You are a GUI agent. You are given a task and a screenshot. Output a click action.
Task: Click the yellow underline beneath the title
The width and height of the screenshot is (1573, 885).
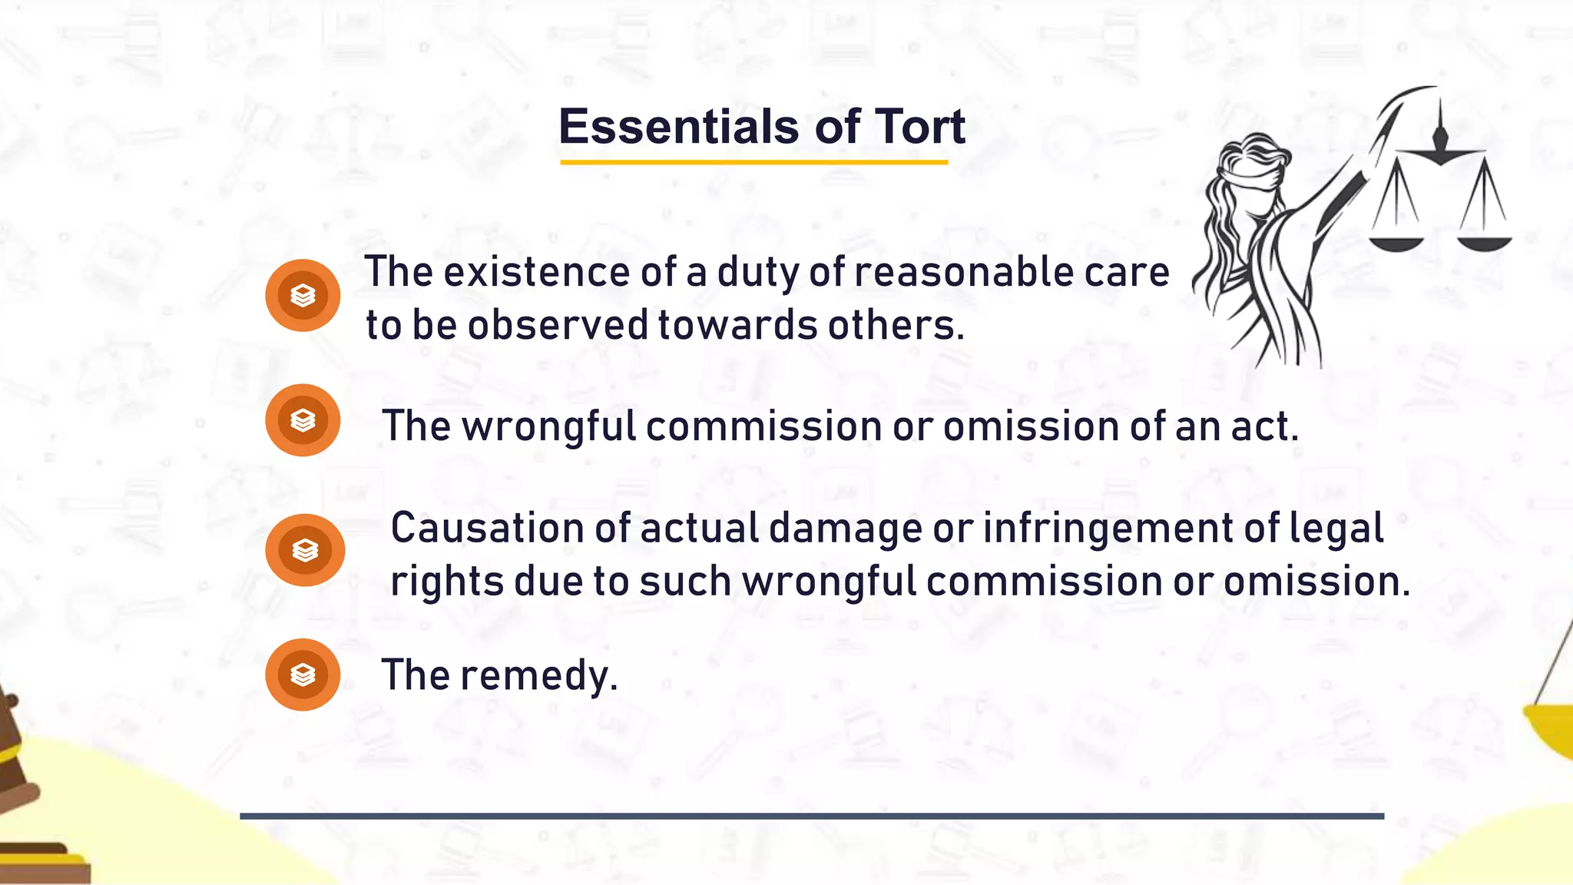[753, 162]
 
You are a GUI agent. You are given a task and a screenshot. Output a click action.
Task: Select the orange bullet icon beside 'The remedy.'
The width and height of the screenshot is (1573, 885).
[303, 675]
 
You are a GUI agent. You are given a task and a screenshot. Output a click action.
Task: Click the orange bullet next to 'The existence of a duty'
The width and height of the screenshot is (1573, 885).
[303, 295]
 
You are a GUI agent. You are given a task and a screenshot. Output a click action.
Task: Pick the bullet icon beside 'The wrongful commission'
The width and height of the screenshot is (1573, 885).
[303, 420]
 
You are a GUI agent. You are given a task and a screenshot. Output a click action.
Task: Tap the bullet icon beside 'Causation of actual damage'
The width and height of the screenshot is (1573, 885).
[305, 550]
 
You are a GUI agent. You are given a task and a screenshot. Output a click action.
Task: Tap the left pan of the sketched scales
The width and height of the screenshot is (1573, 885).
[1396, 244]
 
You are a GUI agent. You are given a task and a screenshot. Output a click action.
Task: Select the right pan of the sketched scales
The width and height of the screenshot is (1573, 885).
[1484, 244]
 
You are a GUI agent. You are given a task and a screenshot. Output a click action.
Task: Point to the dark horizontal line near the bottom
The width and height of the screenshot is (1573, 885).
[812, 816]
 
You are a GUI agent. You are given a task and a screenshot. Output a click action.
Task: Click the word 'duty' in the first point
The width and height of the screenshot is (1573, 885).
[757, 273]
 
